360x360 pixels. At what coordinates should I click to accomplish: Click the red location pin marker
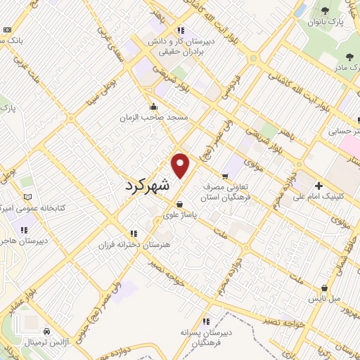click(181, 165)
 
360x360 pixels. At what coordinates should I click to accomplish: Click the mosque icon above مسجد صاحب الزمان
click(154, 107)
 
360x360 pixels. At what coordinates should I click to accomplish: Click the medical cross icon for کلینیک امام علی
click(319, 185)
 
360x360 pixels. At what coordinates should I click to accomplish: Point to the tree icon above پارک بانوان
click(324, 11)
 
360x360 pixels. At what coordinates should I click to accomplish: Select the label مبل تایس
click(326, 299)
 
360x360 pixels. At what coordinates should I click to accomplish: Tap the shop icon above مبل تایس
click(323, 288)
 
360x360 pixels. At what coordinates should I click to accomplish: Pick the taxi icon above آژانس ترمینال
click(46, 330)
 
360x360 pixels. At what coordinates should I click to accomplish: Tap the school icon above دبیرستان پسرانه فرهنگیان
click(206, 320)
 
